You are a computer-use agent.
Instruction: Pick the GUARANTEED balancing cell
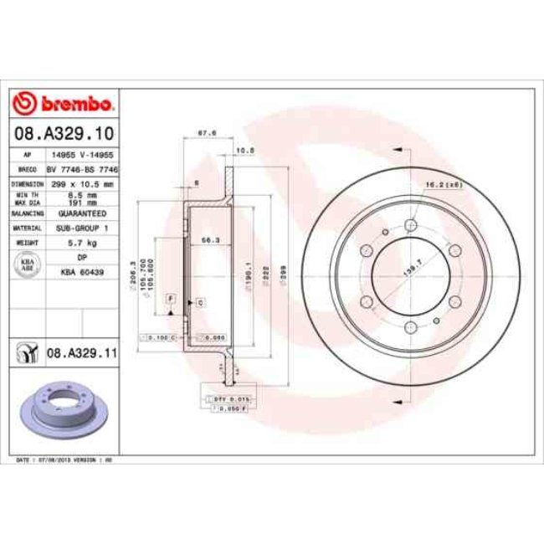(82, 213)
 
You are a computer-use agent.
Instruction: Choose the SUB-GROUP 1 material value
(82, 227)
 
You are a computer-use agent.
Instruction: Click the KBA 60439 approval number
(82, 273)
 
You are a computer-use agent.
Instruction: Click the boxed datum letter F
(171, 299)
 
